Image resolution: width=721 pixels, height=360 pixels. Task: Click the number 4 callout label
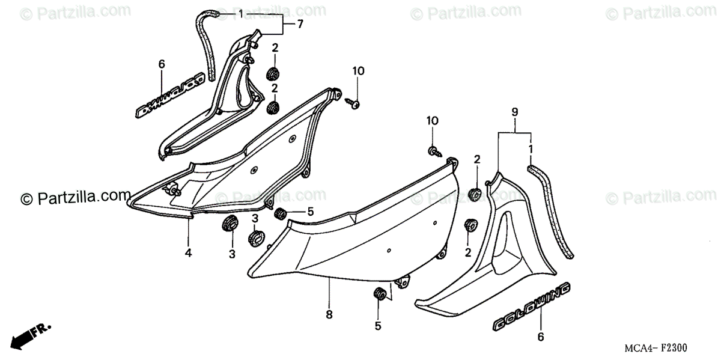188,254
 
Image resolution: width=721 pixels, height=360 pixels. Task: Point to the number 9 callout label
515,112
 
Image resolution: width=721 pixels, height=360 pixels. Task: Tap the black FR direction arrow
30,337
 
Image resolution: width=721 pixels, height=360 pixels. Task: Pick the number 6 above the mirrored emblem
161,64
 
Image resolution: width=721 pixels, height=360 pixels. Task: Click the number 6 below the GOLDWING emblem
540,337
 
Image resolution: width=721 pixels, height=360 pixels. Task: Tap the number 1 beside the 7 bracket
240,14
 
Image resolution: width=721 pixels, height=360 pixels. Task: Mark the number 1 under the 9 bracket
530,148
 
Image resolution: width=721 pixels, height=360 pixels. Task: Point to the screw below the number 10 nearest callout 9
432,150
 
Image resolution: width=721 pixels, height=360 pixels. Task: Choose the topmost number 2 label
274,48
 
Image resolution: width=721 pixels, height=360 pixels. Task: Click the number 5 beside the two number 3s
311,212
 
